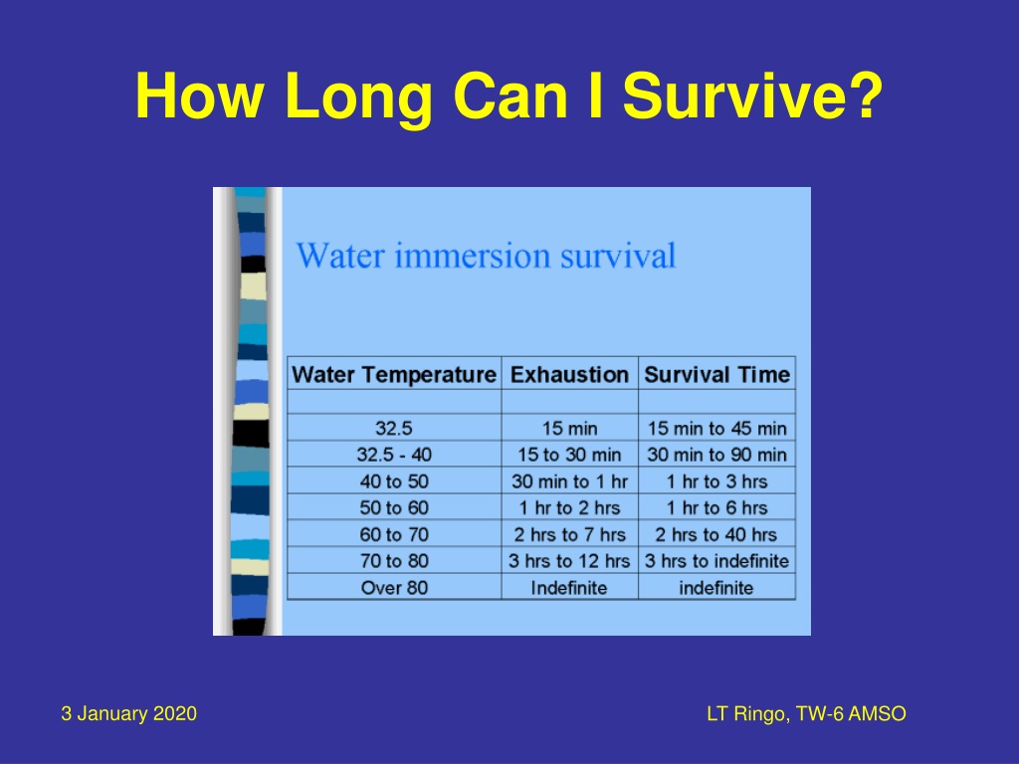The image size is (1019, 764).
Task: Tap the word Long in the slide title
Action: tap(358, 97)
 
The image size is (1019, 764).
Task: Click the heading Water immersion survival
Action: tap(486, 255)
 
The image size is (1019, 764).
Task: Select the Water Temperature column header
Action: tap(394, 375)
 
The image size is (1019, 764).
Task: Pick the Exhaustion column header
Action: tap(569, 375)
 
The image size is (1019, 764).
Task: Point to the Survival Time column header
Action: tap(716, 375)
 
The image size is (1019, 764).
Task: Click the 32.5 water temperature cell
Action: tap(394, 428)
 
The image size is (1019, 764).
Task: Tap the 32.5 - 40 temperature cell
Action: tap(394, 455)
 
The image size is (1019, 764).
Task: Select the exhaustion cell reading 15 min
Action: tap(569, 428)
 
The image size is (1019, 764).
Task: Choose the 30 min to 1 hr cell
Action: tap(569, 481)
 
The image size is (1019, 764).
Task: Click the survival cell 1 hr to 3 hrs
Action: tap(716, 481)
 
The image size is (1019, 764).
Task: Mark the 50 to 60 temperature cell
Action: tap(394, 507)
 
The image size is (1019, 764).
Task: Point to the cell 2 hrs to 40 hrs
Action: tap(716, 534)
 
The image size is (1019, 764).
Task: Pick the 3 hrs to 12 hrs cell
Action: tap(569, 561)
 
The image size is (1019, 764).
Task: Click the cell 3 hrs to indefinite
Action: tap(716, 561)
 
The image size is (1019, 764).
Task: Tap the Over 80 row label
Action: tap(394, 588)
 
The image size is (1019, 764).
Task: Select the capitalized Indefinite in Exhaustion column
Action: tap(569, 588)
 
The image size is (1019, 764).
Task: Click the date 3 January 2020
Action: tap(128, 713)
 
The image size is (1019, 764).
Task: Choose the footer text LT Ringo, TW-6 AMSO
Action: tap(806, 714)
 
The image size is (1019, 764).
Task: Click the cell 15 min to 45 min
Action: tap(716, 428)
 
